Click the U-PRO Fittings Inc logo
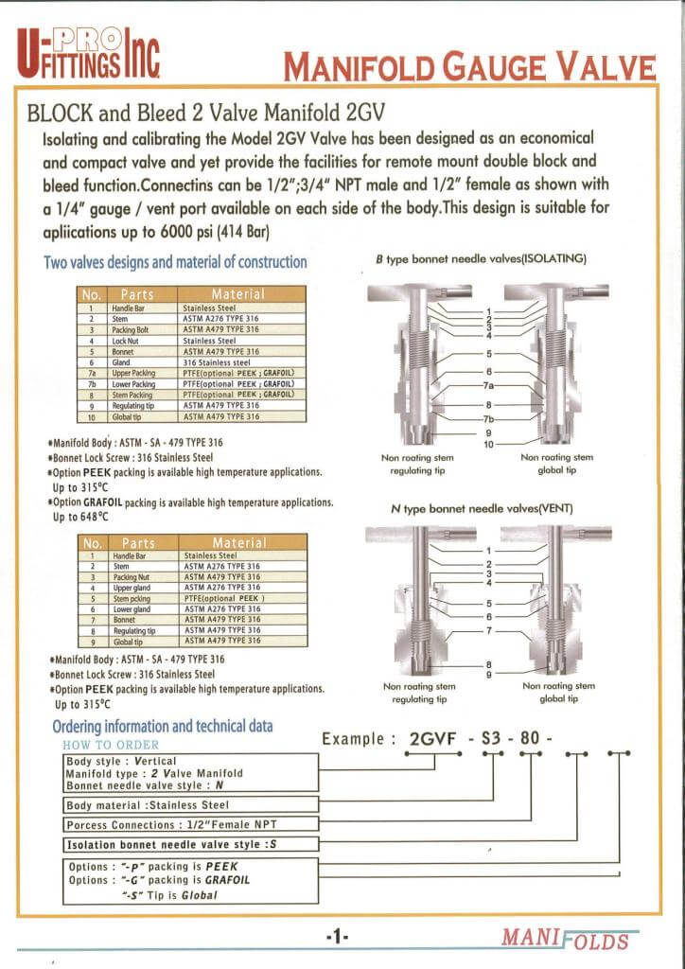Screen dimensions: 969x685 pyautogui.click(x=87, y=51)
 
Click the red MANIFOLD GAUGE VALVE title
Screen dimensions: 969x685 pyautogui.click(x=469, y=68)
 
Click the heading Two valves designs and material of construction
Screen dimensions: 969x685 pyautogui.click(x=176, y=261)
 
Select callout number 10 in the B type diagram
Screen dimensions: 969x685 pyautogui.click(x=489, y=444)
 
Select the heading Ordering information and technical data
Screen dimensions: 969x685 pyautogui.click(x=162, y=727)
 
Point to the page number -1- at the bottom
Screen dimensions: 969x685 pyautogui.click(x=337, y=936)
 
